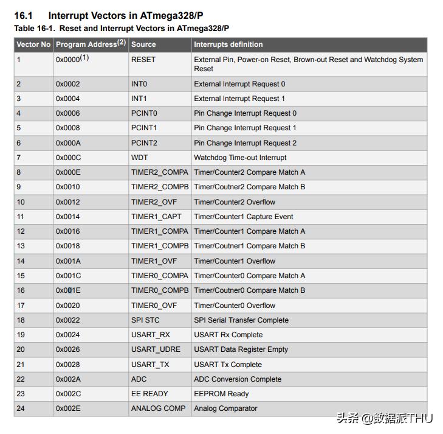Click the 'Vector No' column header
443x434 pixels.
click(x=33, y=44)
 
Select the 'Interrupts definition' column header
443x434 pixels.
click(x=228, y=44)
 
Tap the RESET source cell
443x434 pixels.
click(x=143, y=60)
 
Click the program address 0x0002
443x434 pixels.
click(x=67, y=84)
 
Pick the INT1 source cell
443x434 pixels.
click(x=139, y=99)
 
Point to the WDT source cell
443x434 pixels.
click(x=140, y=158)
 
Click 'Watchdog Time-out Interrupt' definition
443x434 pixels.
click(x=240, y=158)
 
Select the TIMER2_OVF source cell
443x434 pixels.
click(x=154, y=202)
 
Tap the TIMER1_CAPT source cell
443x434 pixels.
click(x=156, y=217)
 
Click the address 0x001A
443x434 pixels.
click(x=67, y=261)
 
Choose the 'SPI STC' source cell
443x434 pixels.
click(x=146, y=320)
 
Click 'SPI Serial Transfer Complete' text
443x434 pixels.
click(x=241, y=320)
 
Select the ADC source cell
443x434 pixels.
click(x=139, y=379)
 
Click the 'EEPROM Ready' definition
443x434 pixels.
click(x=221, y=394)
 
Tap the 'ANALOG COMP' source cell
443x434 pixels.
click(x=159, y=408)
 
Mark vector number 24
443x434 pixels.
click(x=21, y=408)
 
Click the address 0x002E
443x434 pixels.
click(x=67, y=408)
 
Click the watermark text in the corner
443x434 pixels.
click(x=384, y=419)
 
